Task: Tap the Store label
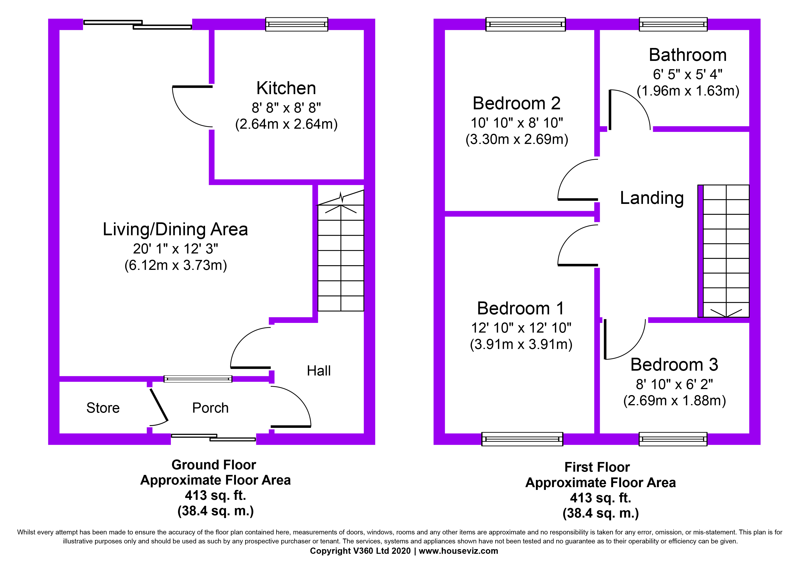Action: (x=103, y=408)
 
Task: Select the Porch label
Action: (x=210, y=408)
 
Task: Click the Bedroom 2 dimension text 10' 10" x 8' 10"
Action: (x=517, y=123)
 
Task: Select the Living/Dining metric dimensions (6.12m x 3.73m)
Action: (x=175, y=265)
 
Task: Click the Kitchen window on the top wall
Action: (x=296, y=24)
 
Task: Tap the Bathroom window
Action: (x=673, y=24)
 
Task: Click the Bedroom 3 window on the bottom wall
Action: (x=673, y=439)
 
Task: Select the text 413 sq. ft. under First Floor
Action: (x=600, y=498)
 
